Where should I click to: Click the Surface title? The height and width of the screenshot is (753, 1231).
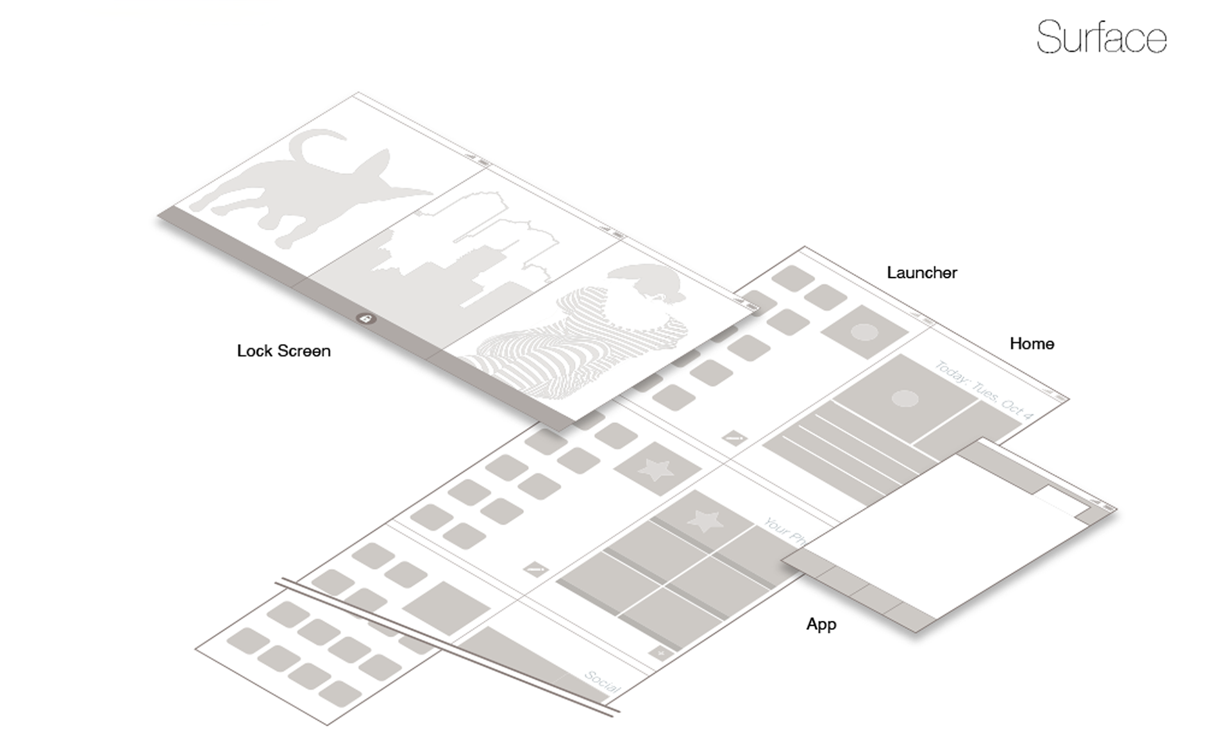1101,37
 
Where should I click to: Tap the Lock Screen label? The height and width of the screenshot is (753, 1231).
283,351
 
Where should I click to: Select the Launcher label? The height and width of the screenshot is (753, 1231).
921,272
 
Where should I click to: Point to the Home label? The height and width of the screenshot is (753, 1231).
1032,343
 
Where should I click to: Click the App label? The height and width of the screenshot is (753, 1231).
821,624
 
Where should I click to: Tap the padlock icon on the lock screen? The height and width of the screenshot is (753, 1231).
366,319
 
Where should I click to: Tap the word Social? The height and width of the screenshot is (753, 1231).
603,681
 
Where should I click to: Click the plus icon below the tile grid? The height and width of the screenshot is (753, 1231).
660,653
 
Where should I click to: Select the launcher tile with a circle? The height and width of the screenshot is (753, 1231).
864,331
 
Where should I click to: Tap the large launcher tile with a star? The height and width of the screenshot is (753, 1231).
657,468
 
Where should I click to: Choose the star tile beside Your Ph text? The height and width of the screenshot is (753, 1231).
705,520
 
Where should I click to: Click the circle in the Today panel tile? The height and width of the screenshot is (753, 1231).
905,399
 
